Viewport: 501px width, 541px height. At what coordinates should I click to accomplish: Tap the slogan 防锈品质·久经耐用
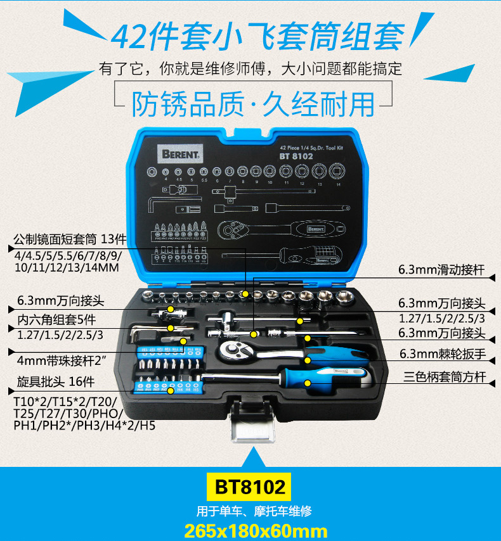click(x=253, y=103)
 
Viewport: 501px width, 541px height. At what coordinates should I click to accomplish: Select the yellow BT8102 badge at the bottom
click(x=250, y=487)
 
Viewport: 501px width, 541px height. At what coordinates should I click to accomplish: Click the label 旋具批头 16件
click(x=53, y=382)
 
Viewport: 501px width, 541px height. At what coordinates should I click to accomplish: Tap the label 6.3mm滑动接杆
click(x=441, y=270)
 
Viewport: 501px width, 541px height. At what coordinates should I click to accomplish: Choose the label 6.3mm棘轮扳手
click(x=442, y=355)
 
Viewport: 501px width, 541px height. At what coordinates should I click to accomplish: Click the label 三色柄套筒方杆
click(x=445, y=377)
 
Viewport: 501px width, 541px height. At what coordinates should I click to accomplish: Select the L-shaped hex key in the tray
click(x=143, y=333)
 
